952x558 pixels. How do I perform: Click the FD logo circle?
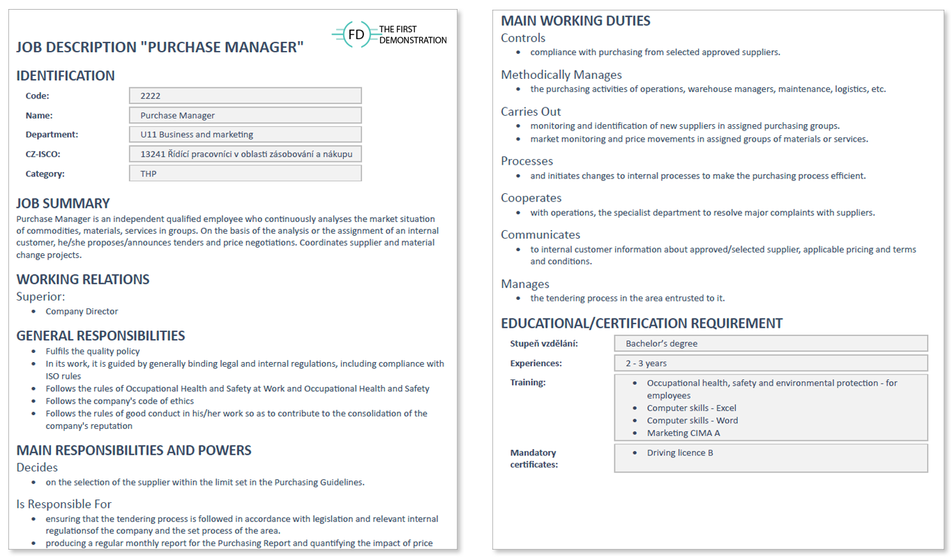point(356,35)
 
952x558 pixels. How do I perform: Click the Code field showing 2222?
point(245,96)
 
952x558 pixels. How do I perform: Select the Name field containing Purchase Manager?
point(245,115)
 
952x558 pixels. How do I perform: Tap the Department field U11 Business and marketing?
point(245,135)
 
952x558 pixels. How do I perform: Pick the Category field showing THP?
point(245,174)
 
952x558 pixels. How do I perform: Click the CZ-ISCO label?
point(44,154)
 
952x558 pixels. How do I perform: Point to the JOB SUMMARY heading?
point(63,204)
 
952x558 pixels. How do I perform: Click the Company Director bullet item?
point(82,312)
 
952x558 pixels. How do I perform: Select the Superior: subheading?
point(41,296)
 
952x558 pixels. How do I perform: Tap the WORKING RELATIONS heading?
point(83,280)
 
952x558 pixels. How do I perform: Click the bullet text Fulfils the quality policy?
point(93,352)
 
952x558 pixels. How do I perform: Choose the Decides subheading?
point(37,467)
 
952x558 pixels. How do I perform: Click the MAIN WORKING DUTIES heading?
point(575,21)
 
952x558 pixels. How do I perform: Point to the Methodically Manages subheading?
point(561,75)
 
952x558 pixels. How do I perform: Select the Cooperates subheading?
point(531,198)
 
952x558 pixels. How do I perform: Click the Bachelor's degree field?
point(771,343)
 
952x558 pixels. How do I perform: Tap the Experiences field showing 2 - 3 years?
point(771,363)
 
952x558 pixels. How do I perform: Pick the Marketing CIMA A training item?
point(683,433)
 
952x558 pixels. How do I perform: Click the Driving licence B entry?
point(679,453)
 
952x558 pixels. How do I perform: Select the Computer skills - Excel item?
point(691,408)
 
